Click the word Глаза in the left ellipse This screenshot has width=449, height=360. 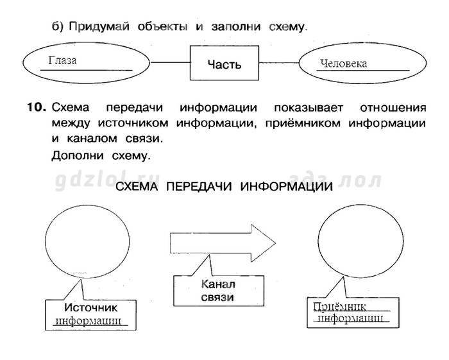62,60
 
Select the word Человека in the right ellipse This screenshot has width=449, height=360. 343,64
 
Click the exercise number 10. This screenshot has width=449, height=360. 37,108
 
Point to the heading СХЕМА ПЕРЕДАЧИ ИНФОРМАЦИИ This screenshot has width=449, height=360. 224,187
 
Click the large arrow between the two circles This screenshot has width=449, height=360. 223,243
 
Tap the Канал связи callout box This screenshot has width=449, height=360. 219,291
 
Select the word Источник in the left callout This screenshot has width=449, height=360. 91,307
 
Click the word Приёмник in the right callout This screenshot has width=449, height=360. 339,307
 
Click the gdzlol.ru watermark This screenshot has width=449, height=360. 107,182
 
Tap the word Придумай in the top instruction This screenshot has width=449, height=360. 99,27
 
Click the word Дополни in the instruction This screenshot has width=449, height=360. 78,156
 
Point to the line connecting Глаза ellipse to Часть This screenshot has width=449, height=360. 170,62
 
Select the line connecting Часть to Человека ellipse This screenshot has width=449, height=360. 279,63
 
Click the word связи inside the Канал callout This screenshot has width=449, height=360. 217,297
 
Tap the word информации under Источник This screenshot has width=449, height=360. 88,321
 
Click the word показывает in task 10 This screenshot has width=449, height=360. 309,108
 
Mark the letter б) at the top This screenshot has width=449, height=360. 57,27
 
